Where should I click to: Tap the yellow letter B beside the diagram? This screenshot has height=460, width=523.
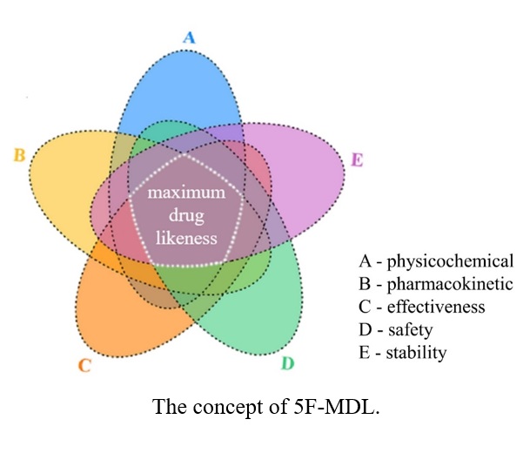tap(18, 156)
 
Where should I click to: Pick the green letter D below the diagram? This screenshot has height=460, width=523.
tap(287, 362)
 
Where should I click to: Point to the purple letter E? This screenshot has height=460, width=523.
tap(356, 159)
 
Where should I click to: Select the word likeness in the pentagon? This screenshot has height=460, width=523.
tap(185, 235)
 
